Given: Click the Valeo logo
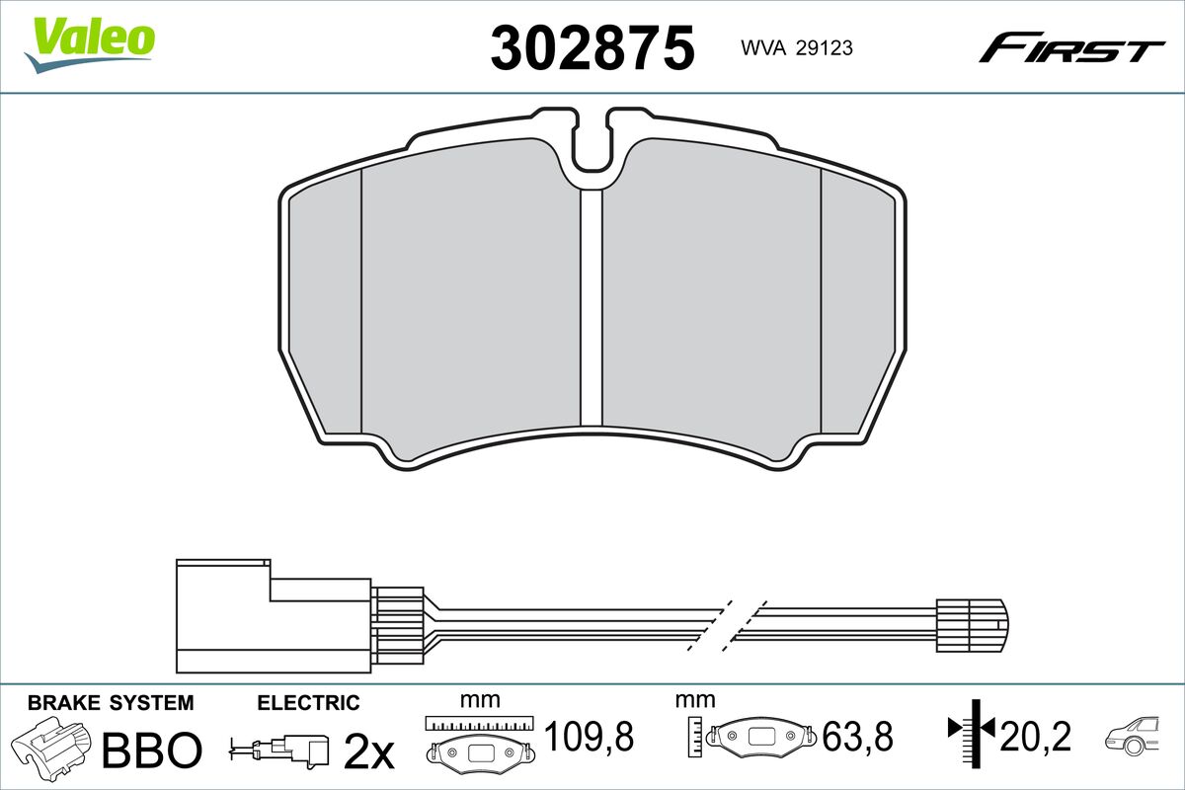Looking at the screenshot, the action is click(90, 44).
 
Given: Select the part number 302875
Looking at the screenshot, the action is click(592, 48).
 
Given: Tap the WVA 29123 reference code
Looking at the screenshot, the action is click(797, 48).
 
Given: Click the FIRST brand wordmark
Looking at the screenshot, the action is click(1071, 54).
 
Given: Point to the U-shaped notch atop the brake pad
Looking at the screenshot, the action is click(592, 142).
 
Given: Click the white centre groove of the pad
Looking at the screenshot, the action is click(592, 307).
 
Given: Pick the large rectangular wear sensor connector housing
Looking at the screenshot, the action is click(274, 616).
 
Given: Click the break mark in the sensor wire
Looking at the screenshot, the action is click(727, 625).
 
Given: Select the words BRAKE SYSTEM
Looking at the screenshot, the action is click(111, 703).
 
